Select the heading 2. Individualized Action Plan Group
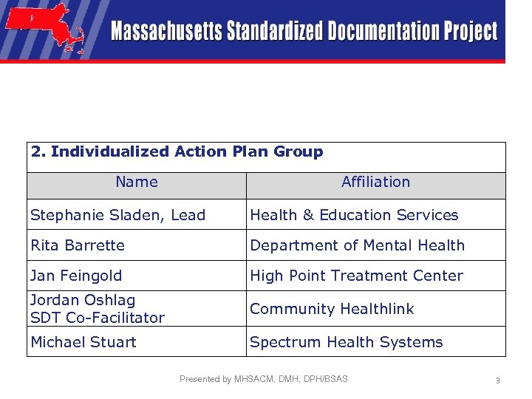(x=177, y=151)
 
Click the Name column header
(x=137, y=182)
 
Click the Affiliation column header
(x=375, y=182)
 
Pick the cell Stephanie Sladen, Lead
(x=117, y=215)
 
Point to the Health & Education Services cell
(x=354, y=215)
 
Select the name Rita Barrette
(x=78, y=245)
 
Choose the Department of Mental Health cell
(x=358, y=245)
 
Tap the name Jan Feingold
(x=76, y=276)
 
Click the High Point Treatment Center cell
(x=356, y=276)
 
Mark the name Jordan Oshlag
(x=83, y=300)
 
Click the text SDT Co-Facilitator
(x=98, y=318)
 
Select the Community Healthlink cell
(x=332, y=309)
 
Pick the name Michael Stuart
(x=83, y=342)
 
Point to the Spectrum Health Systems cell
(x=346, y=342)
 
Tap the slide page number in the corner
(x=498, y=381)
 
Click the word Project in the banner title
(x=470, y=32)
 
